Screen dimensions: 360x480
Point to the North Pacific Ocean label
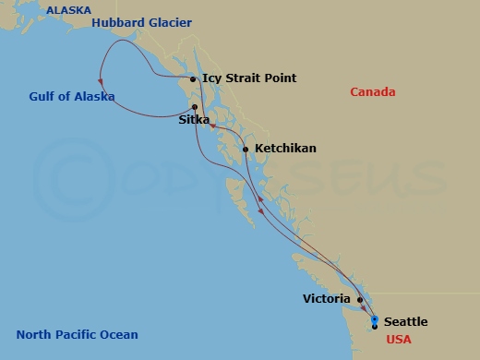point(78,334)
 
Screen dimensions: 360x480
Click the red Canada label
point(373,91)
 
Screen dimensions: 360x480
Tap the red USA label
point(399,340)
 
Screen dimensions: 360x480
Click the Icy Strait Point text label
point(248,78)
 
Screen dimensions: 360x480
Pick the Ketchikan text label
point(285,148)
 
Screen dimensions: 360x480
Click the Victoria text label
point(326,299)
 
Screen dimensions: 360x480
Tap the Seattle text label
point(405,321)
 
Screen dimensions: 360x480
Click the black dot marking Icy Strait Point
point(193,79)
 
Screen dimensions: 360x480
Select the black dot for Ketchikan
point(245,149)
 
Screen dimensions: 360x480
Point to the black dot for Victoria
point(360,299)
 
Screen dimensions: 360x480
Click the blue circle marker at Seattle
point(374,319)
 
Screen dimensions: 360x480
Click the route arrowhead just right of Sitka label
point(212,126)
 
